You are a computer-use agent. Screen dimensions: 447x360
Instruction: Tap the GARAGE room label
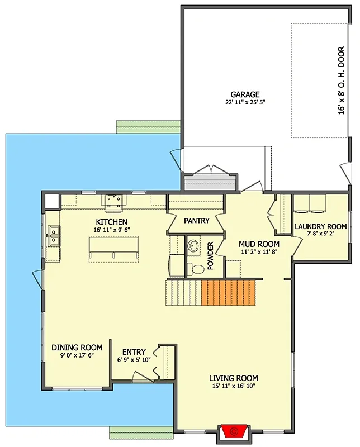coord(245,94)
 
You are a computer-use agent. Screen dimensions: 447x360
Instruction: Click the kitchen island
coord(114,248)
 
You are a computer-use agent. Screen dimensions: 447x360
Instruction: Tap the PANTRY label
coord(196,221)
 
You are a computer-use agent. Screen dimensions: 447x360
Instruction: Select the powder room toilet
coord(196,269)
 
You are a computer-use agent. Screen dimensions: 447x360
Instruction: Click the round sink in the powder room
coord(193,246)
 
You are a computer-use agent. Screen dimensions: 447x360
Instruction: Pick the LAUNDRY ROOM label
coord(320,226)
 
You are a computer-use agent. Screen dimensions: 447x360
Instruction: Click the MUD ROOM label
coord(259,244)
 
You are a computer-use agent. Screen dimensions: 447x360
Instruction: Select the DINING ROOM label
coord(77,347)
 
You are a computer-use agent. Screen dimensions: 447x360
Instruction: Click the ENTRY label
coord(134,351)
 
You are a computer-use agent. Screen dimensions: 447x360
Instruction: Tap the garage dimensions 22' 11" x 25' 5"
coord(245,103)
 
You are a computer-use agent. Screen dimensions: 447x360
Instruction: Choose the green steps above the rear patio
coord(148,127)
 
